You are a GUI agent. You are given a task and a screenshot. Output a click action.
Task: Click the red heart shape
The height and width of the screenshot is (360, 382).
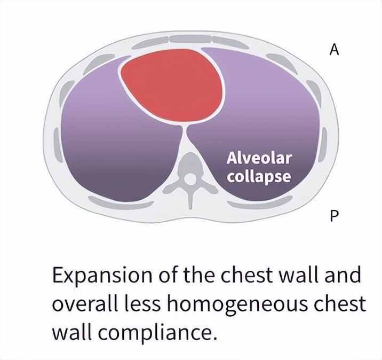pos(172,85)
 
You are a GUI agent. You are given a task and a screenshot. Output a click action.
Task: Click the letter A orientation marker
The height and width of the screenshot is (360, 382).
pos(335,50)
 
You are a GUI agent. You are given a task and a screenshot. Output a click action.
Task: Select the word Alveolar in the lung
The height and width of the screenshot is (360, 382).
pos(259,159)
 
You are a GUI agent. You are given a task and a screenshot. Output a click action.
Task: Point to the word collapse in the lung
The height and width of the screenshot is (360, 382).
pos(259,176)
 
